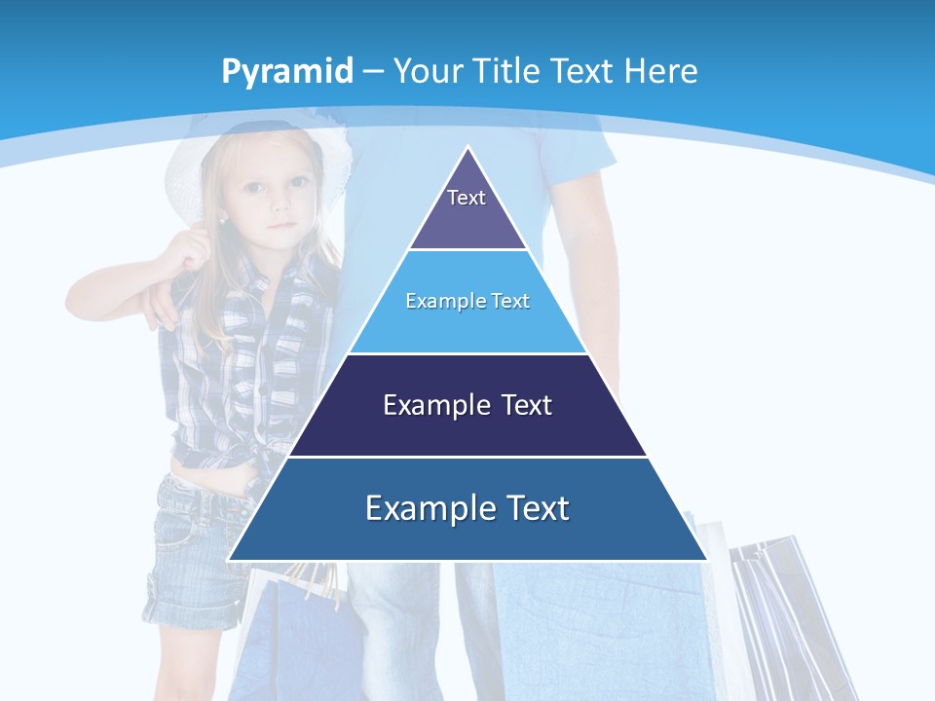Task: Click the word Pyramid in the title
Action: click(286, 72)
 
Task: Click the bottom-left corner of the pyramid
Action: click(230, 559)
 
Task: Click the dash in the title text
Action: click(373, 72)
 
